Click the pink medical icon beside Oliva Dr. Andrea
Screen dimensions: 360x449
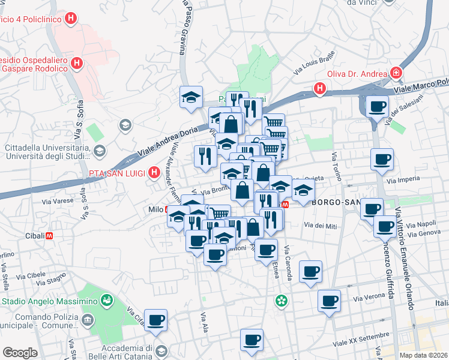pyautogui.click(x=396, y=73)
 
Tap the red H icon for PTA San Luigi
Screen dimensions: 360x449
pyautogui.click(x=154, y=173)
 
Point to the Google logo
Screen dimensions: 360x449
pyautogui.click(x=20, y=353)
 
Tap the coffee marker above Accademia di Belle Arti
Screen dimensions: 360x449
pyautogui.click(x=155, y=321)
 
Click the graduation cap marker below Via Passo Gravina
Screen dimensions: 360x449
pyautogui.click(x=191, y=97)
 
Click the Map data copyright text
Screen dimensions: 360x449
pyautogui.click(x=422, y=355)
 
